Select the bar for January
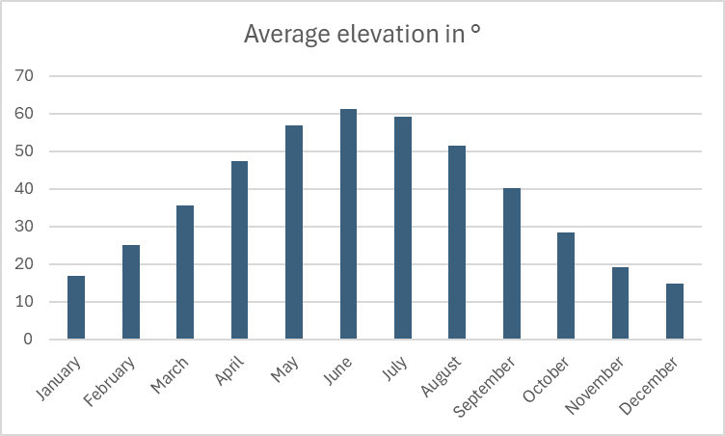tap(76, 308)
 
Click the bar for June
tap(348, 224)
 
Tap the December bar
tap(675, 312)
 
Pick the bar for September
tap(512, 263)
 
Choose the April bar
tap(239, 250)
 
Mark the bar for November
tap(620, 303)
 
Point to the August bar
tap(457, 242)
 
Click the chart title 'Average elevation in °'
tap(362, 35)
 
